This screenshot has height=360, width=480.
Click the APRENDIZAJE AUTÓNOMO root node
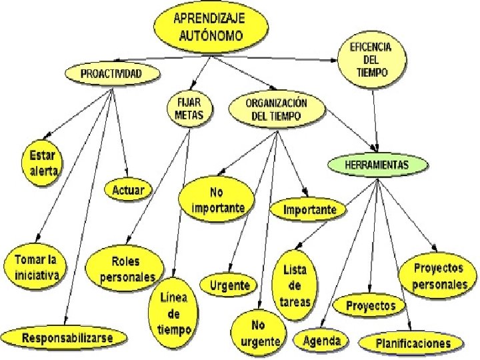click(x=209, y=27)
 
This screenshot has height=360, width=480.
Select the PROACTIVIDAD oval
click(x=111, y=73)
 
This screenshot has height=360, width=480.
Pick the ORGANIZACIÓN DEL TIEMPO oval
click(x=277, y=109)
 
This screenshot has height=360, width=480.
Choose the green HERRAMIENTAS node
click(x=377, y=164)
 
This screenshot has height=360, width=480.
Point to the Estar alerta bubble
click(x=43, y=163)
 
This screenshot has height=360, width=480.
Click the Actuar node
click(x=128, y=190)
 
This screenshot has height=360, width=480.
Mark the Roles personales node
click(x=127, y=269)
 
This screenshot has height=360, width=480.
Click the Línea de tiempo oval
click(x=174, y=311)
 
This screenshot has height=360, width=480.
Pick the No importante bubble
click(x=217, y=199)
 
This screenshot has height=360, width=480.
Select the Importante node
click(x=310, y=210)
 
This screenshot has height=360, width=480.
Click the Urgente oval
click(x=229, y=285)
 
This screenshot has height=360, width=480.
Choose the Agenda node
click(x=321, y=341)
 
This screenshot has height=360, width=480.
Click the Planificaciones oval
click(x=413, y=343)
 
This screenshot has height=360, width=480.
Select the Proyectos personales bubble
click(x=439, y=276)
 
